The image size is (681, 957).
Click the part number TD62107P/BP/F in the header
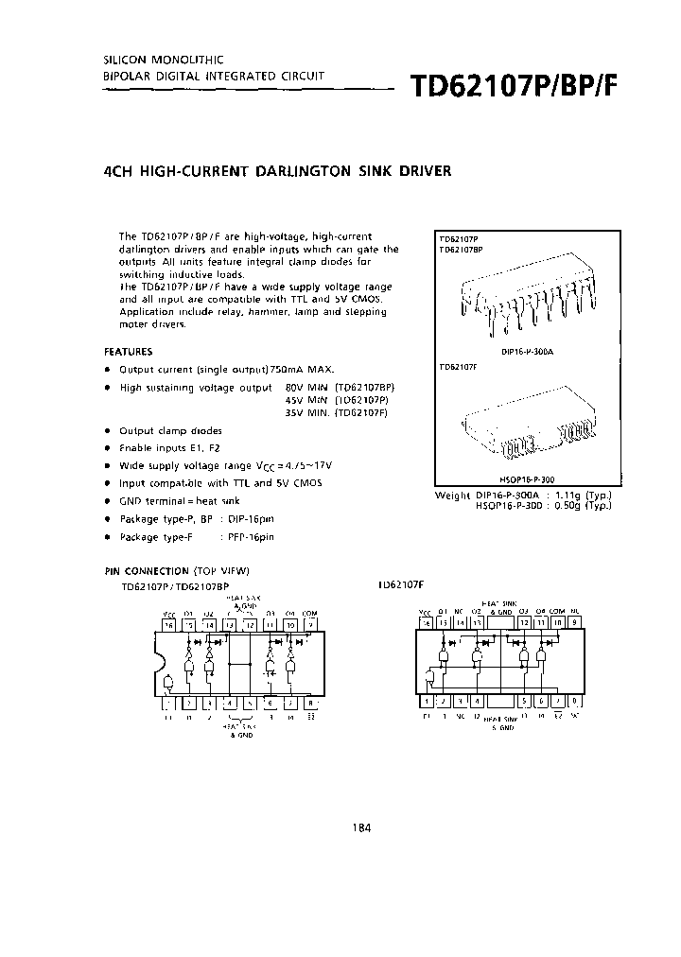515,86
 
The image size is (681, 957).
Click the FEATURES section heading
128,351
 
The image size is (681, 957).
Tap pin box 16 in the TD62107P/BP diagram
168,625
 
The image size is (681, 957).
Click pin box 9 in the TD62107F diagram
577,623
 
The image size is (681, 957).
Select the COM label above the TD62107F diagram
557,612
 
